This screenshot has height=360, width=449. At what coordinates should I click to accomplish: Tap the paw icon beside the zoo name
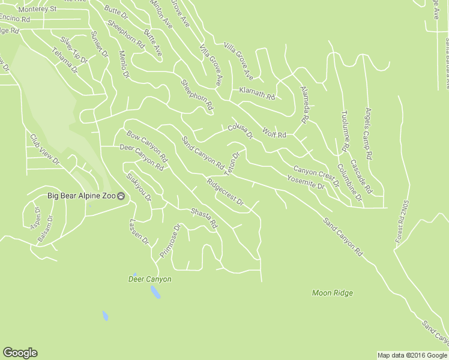point(122,196)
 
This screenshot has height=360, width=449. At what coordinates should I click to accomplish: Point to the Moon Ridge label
point(332,293)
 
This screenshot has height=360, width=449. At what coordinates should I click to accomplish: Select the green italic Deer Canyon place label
point(150,279)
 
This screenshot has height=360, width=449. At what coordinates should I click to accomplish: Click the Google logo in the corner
point(20,353)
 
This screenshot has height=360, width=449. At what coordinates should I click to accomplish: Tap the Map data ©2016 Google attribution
point(412,355)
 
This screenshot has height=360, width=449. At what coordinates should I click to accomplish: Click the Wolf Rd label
point(274,132)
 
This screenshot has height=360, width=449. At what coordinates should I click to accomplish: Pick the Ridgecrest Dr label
point(224,192)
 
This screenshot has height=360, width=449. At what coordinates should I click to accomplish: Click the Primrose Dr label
point(170,242)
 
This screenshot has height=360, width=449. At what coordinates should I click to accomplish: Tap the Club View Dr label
point(45,149)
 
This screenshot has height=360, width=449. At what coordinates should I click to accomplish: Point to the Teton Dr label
point(232,163)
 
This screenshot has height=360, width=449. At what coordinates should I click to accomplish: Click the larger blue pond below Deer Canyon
point(155,292)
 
